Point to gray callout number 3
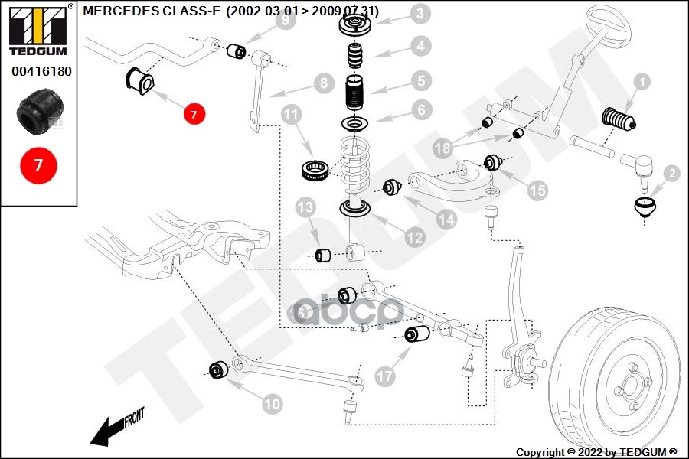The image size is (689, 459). (420, 13)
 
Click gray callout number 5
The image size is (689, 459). (420, 80)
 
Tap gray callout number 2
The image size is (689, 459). (671, 174)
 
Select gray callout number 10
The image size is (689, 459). (273, 402)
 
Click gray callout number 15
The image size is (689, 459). (537, 190)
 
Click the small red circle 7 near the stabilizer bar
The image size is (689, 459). (194, 114)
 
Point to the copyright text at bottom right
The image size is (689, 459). (597, 451)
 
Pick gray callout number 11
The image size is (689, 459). (291, 116)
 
